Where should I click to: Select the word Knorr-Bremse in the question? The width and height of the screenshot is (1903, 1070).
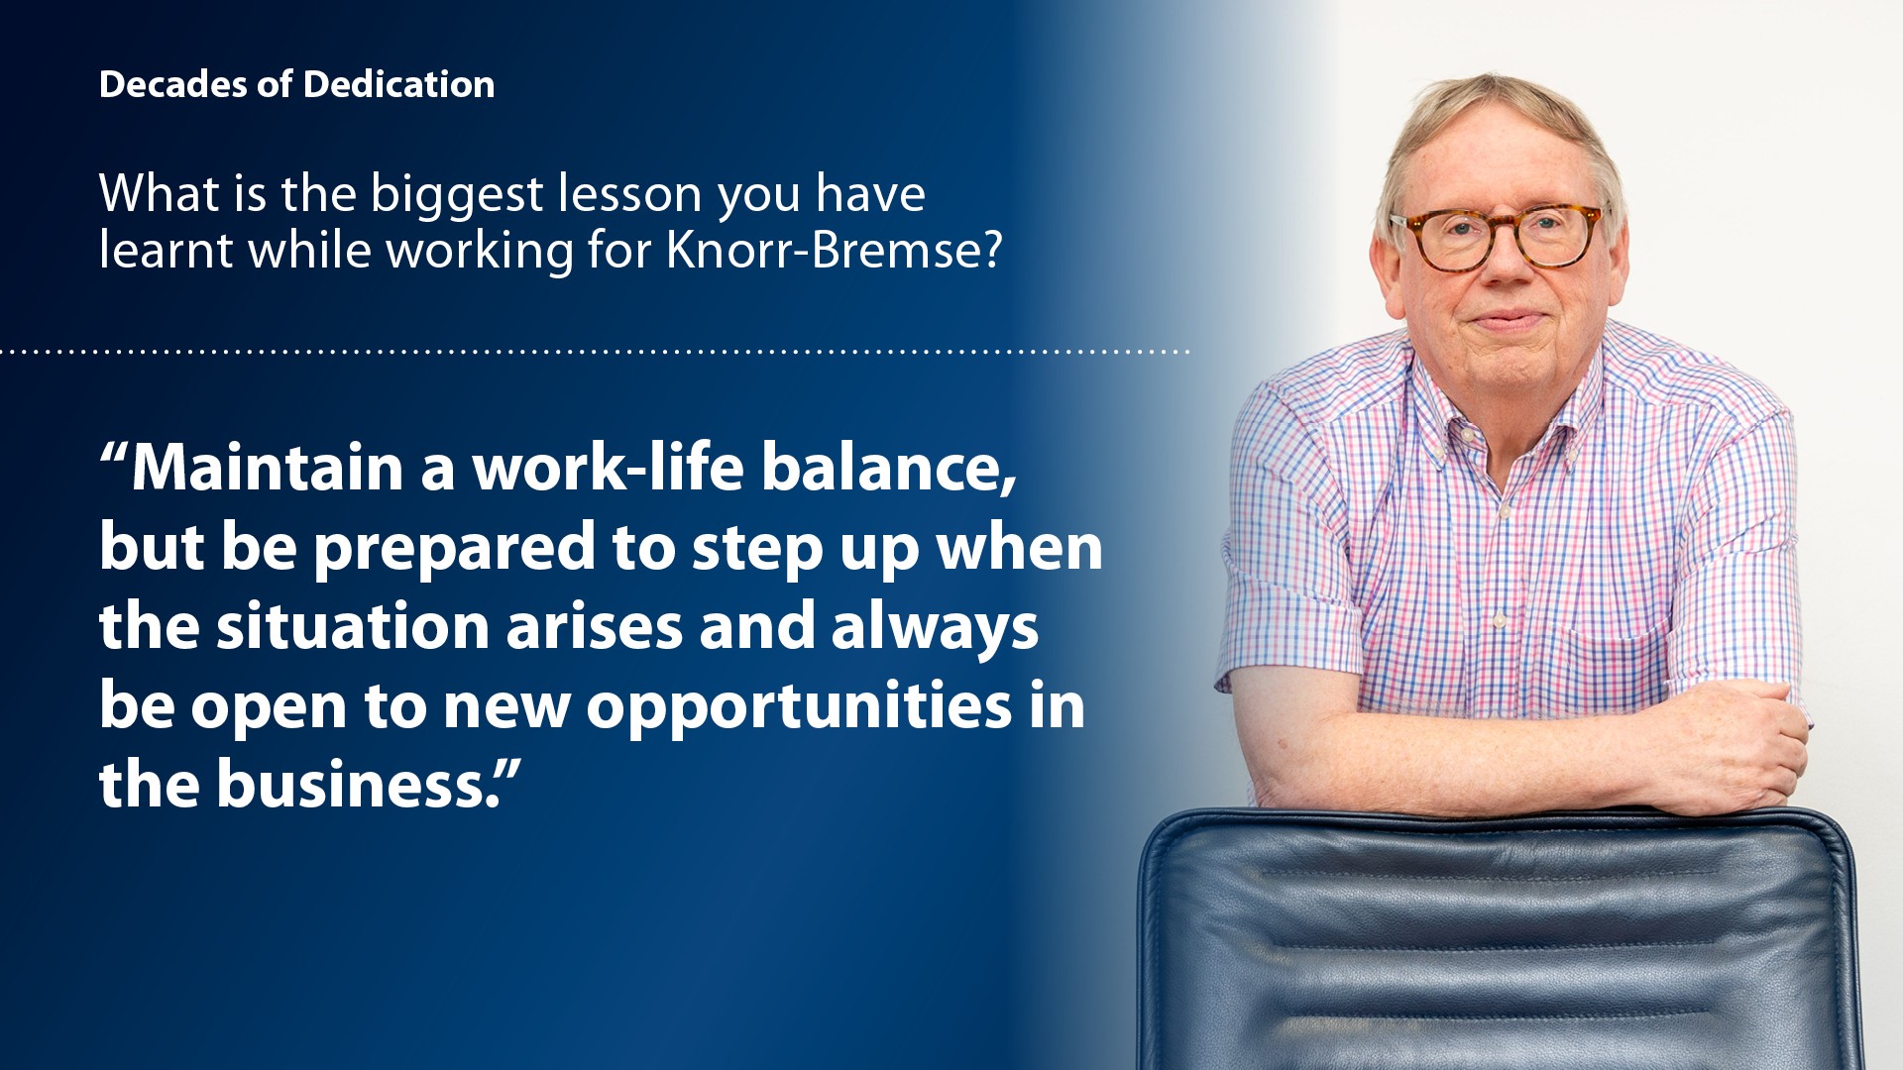(x=835, y=250)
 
